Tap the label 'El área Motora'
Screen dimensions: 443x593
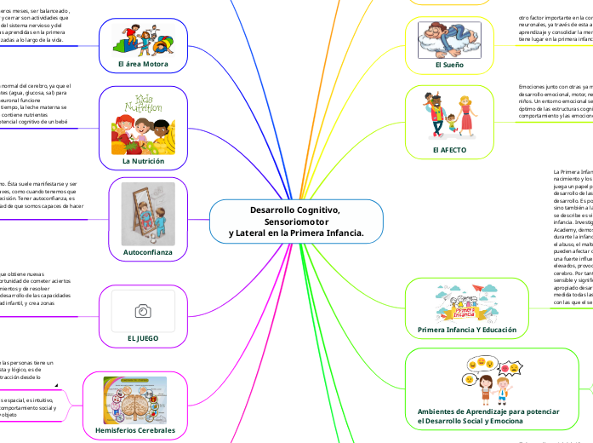(x=143, y=65)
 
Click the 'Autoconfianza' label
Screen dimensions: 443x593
(x=142, y=252)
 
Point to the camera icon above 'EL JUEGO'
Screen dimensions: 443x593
(x=143, y=311)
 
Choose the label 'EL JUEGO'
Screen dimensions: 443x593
(x=143, y=338)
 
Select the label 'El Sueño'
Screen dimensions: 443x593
(x=448, y=65)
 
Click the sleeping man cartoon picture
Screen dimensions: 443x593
(x=448, y=37)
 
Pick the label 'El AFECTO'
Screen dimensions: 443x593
(x=449, y=150)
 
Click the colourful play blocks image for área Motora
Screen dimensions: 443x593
(x=143, y=39)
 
